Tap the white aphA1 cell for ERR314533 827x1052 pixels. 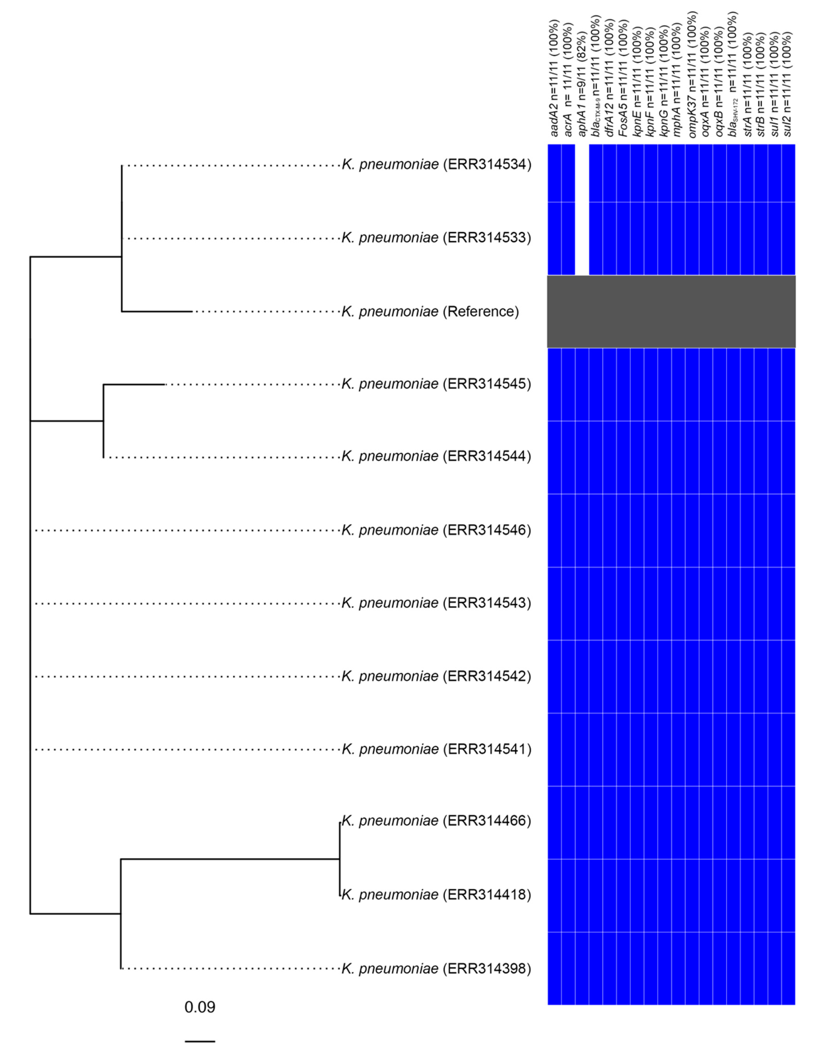point(582,239)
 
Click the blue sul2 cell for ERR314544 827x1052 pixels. point(788,457)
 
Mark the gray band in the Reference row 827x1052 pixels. point(671,311)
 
